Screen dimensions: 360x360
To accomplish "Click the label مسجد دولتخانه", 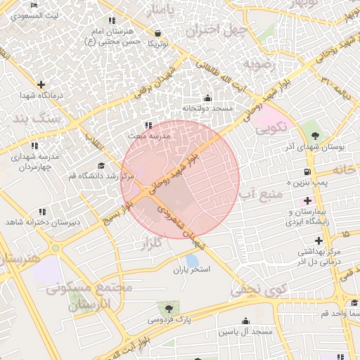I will point(207,109).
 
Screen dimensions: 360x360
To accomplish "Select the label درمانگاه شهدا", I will point(41,95).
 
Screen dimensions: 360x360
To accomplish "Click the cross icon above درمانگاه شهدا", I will point(41,84).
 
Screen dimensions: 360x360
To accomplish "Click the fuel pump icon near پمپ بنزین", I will point(308,172).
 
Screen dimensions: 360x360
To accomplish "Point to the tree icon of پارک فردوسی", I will point(168,307).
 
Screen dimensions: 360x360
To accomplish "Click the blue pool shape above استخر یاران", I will point(192,259).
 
